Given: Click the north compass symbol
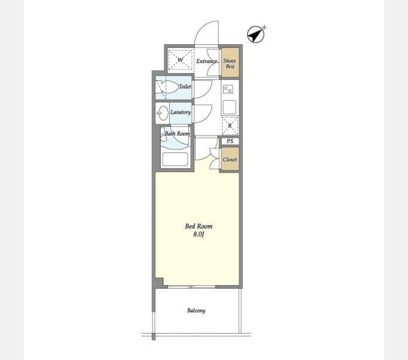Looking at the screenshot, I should click(x=256, y=35).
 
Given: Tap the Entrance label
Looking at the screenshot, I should click(x=206, y=61).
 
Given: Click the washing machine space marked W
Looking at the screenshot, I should click(x=180, y=60).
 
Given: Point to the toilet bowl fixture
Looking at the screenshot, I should click(x=167, y=87).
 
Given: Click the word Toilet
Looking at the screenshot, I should click(x=185, y=88).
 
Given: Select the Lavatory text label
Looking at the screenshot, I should click(x=181, y=112).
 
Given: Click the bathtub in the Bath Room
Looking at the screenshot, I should click(x=175, y=159).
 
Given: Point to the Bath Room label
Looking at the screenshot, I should click(x=178, y=133).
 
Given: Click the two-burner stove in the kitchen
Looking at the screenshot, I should click(x=227, y=90).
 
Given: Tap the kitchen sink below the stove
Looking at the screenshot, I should click(x=229, y=107).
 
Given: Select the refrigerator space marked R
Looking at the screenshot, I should click(x=230, y=125).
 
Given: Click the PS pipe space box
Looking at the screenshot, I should click(x=230, y=142).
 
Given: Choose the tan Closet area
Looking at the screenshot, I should click(x=230, y=160).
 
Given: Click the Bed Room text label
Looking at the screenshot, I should click(x=199, y=226).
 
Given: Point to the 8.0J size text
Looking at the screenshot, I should click(x=199, y=235).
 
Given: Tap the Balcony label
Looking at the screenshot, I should click(x=196, y=310).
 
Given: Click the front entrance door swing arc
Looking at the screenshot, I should click(x=207, y=33).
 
